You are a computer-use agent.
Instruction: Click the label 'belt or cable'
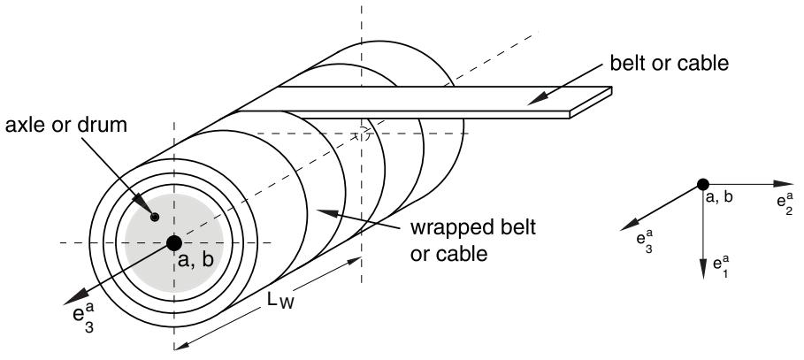pos(670,63)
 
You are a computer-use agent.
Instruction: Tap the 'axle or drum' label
pos(66,126)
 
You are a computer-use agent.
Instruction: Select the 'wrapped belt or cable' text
pos(473,240)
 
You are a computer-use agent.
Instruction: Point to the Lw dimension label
pos(280,301)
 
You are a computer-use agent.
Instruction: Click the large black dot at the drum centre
pos(174,242)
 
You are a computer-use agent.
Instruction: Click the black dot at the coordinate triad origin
pos(702,185)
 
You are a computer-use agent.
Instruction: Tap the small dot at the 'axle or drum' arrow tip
pos(154,217)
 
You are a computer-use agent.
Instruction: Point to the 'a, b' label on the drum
pos(195,261)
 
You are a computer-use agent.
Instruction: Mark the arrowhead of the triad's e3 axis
pos(629,226)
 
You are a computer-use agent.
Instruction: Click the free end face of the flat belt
pos(591,103)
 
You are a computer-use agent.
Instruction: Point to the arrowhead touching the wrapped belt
pos(326,211)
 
